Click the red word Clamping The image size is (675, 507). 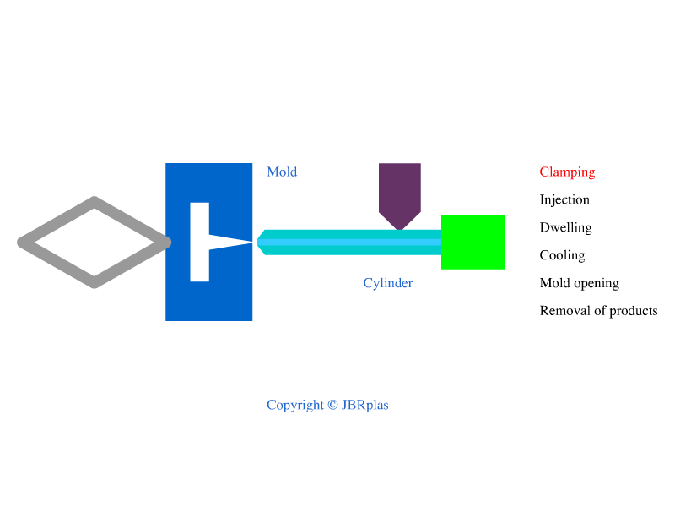[567, 172]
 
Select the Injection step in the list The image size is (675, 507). [564, 200]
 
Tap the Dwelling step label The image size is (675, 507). [565, 227]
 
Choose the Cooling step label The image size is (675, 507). [562, 255]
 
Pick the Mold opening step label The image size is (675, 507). [579, 283]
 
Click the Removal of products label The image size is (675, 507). [598, 311]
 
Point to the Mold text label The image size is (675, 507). [282, 172]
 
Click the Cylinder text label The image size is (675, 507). [388, 283]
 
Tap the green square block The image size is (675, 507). [472, 243]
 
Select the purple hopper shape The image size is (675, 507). [400, 190]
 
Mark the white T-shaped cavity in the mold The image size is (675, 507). [200, 243]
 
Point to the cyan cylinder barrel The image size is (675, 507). [354, 243]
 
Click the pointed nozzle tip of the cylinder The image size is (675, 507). [261, 243]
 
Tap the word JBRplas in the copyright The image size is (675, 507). [365, 406]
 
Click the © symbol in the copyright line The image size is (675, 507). [332, 406]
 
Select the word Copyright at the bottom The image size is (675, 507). [295, 406]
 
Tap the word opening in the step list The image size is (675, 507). [597, 284]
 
